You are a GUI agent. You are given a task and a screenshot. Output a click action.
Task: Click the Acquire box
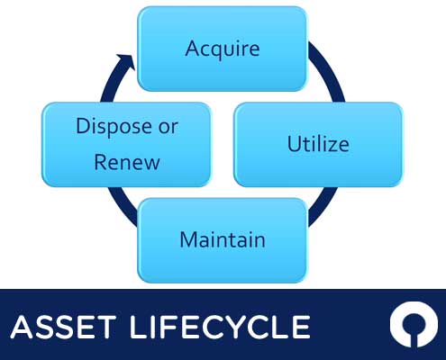pyautogui.click(x=223, y=49)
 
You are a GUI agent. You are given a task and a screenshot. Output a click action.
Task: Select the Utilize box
pyautogui.click(x=318, y=145)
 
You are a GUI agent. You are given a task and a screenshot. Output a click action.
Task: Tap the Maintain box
pyautogui.click(x=223, y=240)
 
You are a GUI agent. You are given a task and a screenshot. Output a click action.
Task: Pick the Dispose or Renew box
pyautogui.click(x=126, y=145)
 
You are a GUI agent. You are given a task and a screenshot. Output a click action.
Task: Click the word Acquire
pyautogui.click(x=223, y=49)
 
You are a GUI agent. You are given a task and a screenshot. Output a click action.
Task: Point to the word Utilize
pyautogui.click(x=318, y=144)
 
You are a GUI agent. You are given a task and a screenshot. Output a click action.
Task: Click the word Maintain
pyautogui.click(x=223, y=239)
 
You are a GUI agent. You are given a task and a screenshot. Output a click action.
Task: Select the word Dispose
pyautogui.click(x=114, y=127)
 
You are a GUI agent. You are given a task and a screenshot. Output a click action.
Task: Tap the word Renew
pyautogui.click(x=127, y=162)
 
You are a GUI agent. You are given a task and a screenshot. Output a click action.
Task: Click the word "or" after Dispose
pyautogui.click(x=168, y=127)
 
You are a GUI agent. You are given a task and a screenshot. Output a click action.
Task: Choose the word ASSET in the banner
pyautogui.click(x=63, y=327)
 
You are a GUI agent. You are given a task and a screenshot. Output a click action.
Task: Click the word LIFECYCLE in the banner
pyautogui.click(x=220, y=327)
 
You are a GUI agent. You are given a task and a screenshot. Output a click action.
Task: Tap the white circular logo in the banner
pyautogui.click(x=414, y=324)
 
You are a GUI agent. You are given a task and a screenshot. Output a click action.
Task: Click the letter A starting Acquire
pyautogui.click(x=193, y=48)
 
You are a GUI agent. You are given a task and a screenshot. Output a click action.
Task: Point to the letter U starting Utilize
pyautogui.click(x=295, y=143)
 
